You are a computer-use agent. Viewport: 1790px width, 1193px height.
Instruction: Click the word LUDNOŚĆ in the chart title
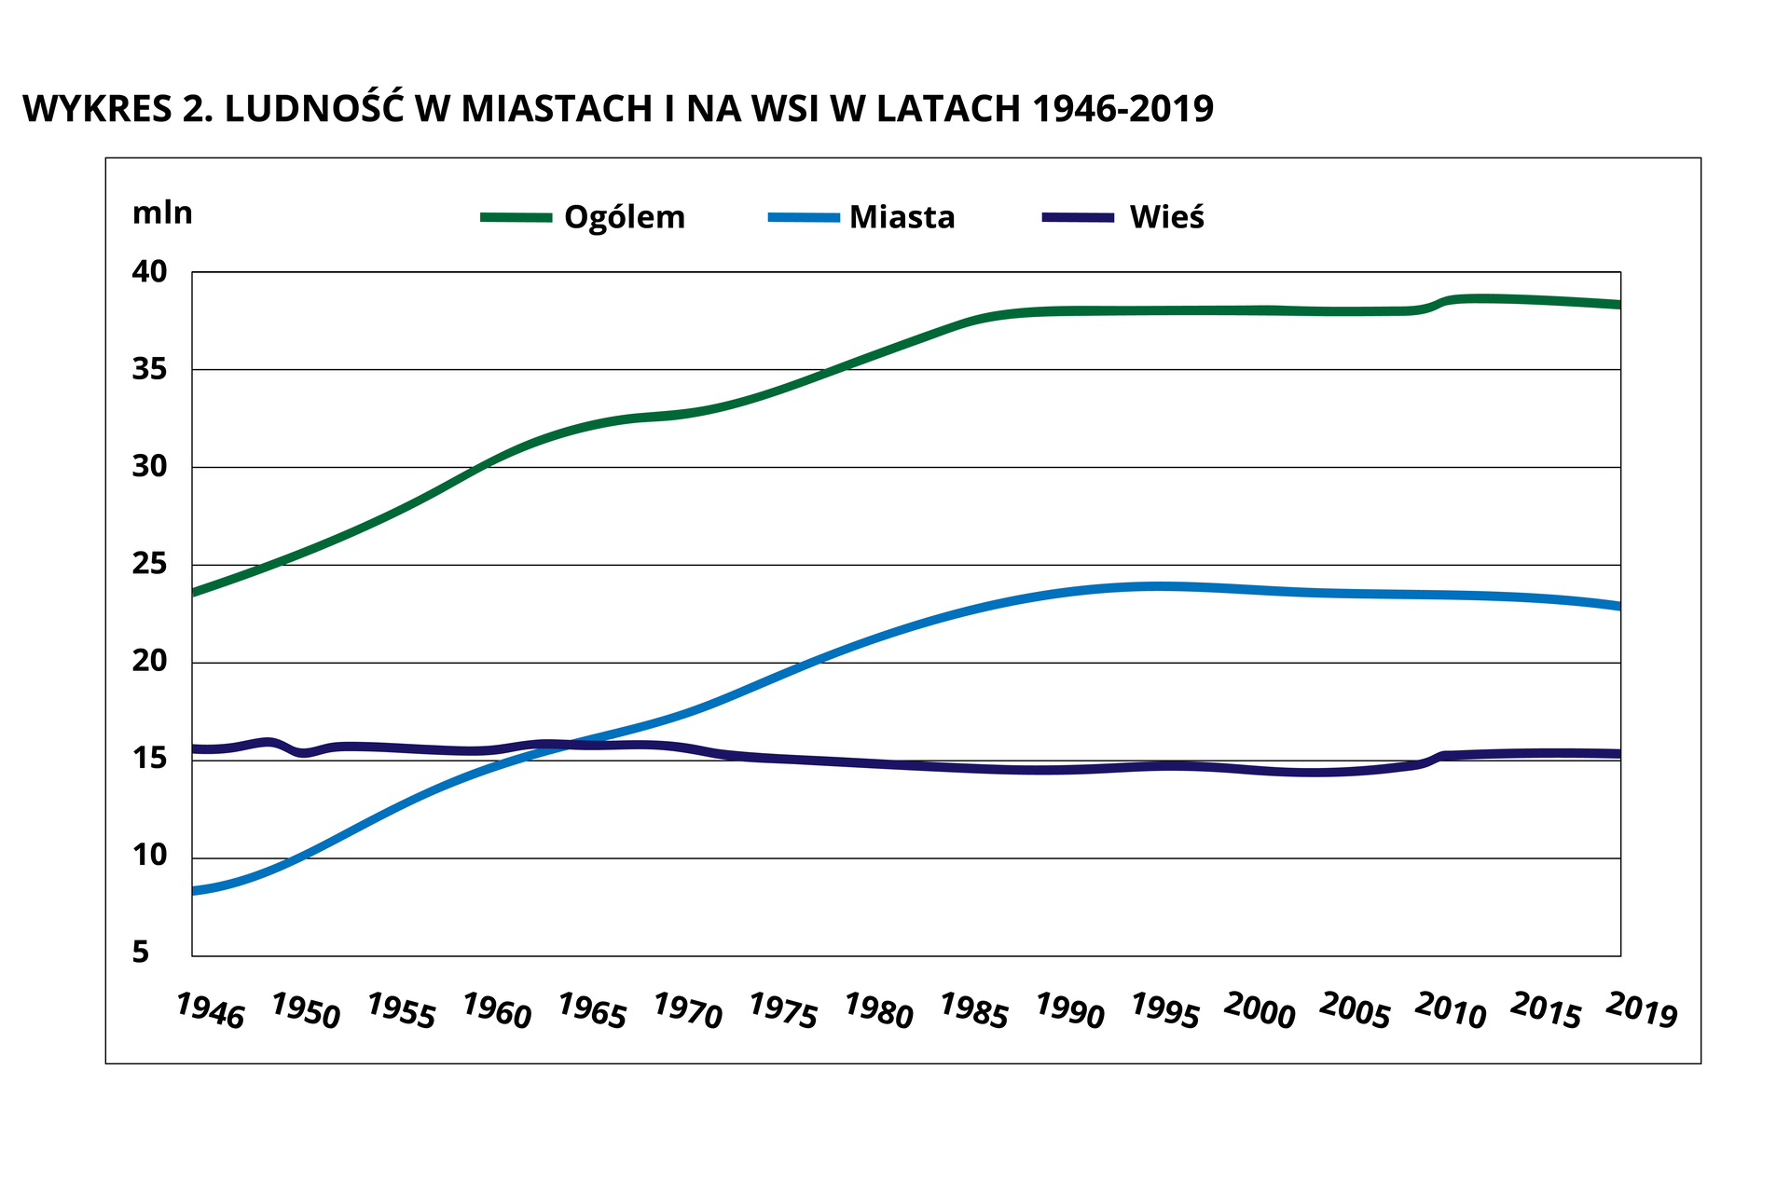[312, 108]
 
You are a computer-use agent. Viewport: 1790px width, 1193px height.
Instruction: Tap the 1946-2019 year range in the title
[1122, 109]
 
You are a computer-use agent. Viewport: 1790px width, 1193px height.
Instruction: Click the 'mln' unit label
[162, 213]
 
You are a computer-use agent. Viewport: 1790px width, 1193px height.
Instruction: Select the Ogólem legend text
[624, 218]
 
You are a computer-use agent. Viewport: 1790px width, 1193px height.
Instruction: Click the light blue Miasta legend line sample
[803, 217]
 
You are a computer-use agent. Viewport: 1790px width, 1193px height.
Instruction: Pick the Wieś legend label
[1166, 218]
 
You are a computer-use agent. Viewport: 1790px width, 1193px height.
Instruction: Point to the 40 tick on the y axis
[149, 272]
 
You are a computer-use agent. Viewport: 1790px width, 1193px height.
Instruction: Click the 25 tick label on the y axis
[149, 565]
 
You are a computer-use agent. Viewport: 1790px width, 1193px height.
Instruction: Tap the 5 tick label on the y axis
[141, 953]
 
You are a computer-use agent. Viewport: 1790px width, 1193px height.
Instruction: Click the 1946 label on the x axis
[210, 1011]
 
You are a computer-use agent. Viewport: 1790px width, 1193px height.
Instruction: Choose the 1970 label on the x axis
[687, 1011]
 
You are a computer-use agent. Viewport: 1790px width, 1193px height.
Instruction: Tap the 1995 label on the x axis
[1164, 1011]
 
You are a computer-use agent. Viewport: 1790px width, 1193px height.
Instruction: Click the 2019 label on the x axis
[1642, 1011]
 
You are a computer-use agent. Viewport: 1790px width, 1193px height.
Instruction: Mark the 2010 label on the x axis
[1451, 1011]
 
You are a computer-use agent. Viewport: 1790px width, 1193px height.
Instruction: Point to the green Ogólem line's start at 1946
[195, 592]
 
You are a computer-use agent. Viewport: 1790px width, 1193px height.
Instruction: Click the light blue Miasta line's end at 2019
[1618, 606]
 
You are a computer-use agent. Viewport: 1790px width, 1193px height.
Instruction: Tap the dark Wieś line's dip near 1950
[303, 752]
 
